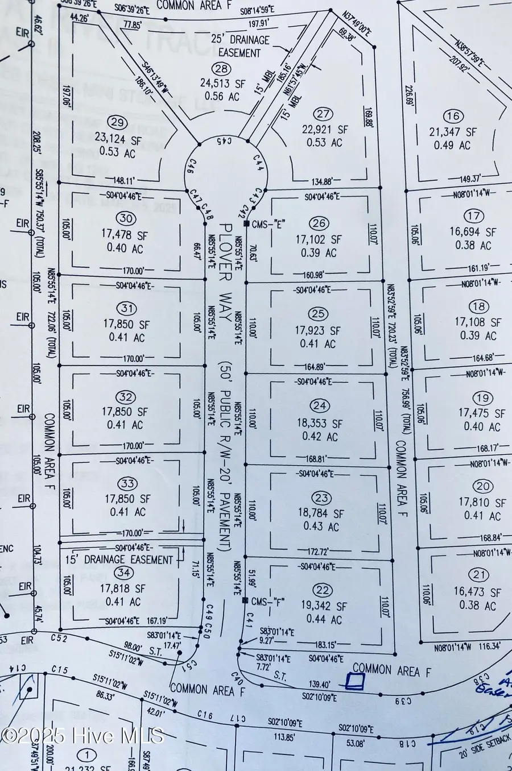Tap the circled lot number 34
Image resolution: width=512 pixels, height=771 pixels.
pyautogui.click(x=120, y=574)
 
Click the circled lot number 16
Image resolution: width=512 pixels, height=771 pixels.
pyautogui.click(x=453, y=117)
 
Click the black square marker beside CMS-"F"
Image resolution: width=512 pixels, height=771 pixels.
pyautogui.click(x=245, y=600)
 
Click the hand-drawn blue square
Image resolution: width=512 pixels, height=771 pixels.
pyautogui.click(x=356, y=681)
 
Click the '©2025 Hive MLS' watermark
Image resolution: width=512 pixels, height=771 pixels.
pyautogui.click(x=82, y=735)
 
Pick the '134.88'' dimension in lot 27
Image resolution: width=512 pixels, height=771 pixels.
pyautogui.click(x=328, y=182)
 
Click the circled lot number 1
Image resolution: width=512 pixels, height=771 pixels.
pyautogui.click(x=86, y=755)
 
